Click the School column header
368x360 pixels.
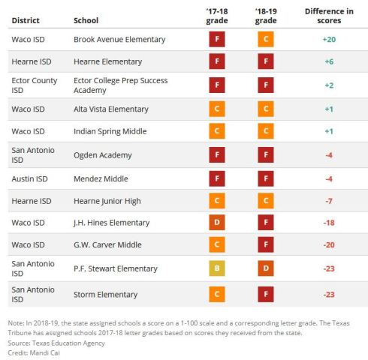[86, 20]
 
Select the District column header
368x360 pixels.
[26, 20]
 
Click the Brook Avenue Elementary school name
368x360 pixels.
[119, 39]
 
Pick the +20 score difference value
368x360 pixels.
[329, 39]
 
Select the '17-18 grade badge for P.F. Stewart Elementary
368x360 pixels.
[216, 268]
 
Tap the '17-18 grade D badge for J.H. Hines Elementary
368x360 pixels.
[216, 223]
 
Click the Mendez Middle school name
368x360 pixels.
[101, 178]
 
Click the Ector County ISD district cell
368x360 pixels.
[35, 85]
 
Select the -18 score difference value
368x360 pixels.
[329, 223]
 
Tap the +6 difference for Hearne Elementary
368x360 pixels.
[329, 62]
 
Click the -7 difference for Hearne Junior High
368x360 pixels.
[329, 201]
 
